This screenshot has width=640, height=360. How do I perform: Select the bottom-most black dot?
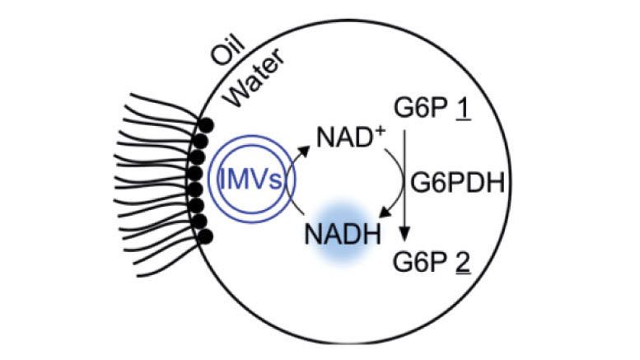tap(207, 237)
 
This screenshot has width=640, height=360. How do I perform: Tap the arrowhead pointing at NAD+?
tap(307, 148)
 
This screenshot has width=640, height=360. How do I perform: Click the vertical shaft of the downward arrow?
tap(408, 181)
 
